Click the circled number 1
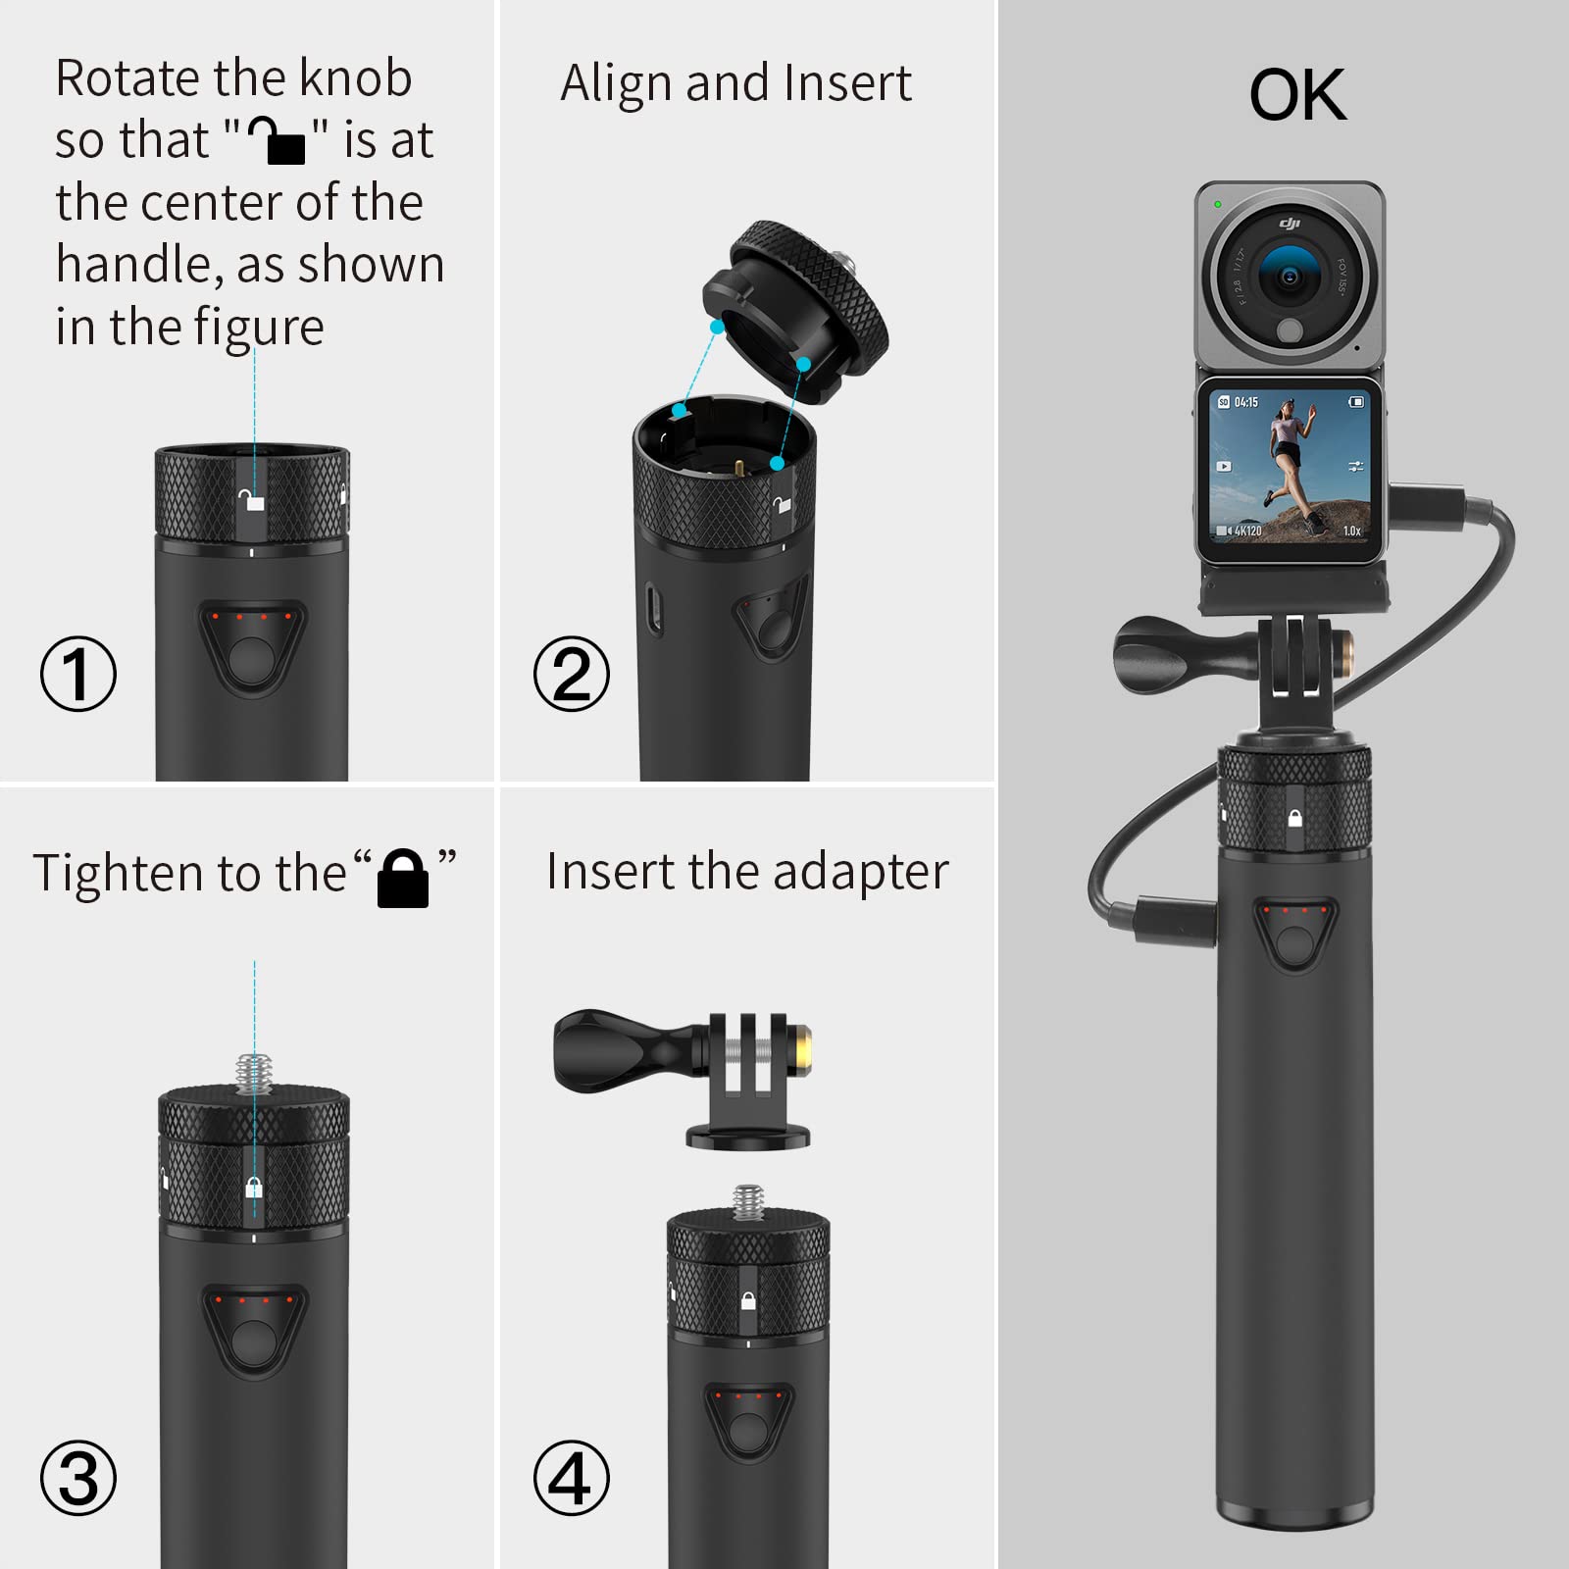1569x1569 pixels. [78, 674]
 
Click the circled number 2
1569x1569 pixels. [572, 674]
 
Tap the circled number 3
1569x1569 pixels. [78, 1478]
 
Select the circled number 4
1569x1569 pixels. [572, 1478]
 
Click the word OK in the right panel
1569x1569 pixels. [1297, 95]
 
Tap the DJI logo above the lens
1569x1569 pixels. [1290, 225]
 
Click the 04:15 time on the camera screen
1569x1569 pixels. [1245, 402]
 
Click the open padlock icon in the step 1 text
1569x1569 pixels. [277, 140]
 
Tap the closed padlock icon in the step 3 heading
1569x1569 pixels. [403, 878]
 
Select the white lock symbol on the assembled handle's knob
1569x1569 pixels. [1294, 818]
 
